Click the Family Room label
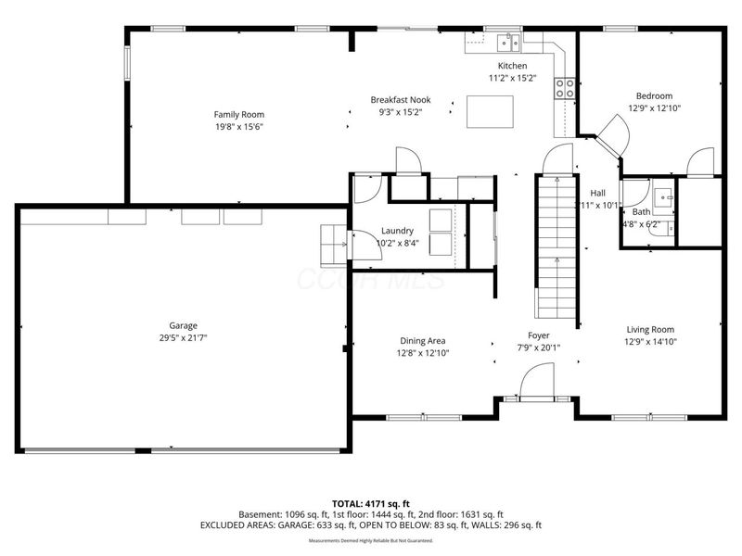point(239,115)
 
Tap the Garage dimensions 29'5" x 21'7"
point(182,339)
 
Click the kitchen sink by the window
point(507,42)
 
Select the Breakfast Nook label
point(401,100)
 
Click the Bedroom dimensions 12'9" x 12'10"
point(654,108)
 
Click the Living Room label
point(650,329)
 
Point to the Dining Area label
point(423,340)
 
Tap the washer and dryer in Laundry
point(439,231)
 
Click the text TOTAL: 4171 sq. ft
point(371,502)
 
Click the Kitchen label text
point(512,66)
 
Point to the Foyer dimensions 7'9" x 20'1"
point(539,348)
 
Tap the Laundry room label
point(398,231)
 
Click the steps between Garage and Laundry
point(331,244)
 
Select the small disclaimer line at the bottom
point(371,540)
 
